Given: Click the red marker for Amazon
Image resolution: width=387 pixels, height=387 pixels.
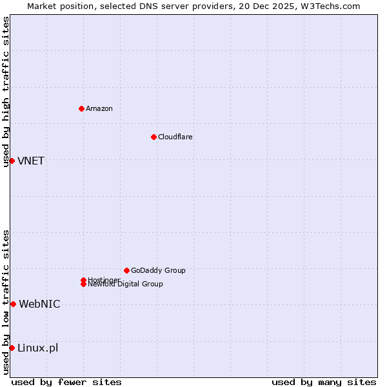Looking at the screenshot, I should [81, 108].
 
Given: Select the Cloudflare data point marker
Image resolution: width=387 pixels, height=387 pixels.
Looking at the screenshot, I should [154, 137].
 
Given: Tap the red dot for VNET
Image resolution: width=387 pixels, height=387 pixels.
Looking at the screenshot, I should [12, 161].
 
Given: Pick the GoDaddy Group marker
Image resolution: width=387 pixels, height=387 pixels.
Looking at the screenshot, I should [126, 270].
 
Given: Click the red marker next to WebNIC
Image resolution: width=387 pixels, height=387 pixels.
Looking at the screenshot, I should [13, 304].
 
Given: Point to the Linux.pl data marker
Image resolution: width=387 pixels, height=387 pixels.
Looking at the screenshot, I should [12, 348].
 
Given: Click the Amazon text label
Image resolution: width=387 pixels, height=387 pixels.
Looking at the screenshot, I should [99, 108].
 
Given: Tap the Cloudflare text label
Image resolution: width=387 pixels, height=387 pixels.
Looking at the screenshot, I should [175, 137].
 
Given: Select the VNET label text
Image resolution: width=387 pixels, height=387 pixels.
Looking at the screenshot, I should [31, 161].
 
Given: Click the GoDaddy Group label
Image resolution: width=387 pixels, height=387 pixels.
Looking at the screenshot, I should [157, 270].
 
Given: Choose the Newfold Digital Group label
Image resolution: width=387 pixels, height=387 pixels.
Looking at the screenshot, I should [125, 284].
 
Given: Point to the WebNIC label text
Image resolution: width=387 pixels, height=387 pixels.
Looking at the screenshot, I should [39, 304].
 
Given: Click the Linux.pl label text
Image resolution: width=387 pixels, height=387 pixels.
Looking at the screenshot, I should [37, 348].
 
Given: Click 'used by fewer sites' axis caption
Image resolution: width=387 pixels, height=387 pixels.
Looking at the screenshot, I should [66, 382].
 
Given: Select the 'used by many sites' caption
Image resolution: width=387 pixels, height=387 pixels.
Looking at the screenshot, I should [324, 382].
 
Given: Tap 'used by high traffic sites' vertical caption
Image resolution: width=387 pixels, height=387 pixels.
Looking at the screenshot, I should [6, 92].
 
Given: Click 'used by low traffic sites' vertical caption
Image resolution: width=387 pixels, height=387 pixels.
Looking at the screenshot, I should [6, 302].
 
